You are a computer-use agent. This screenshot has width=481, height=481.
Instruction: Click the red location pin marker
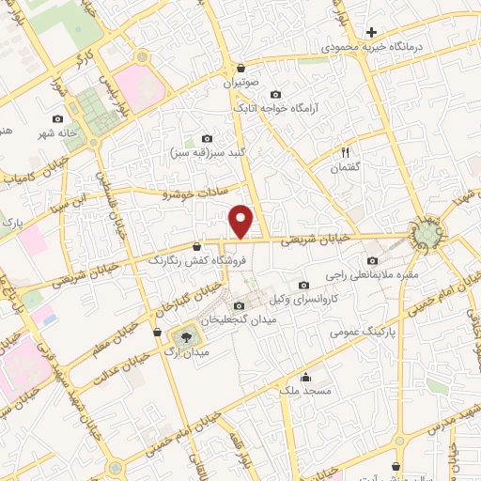point(241,221)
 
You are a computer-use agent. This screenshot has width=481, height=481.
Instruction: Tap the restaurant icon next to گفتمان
point(345,151)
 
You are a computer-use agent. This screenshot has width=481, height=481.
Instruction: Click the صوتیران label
point(239,83)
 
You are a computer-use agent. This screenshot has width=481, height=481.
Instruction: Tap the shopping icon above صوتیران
point(240,69)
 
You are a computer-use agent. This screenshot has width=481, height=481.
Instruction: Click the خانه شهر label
point(56,132)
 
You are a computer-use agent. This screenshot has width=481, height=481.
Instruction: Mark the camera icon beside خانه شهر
point(58,119)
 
